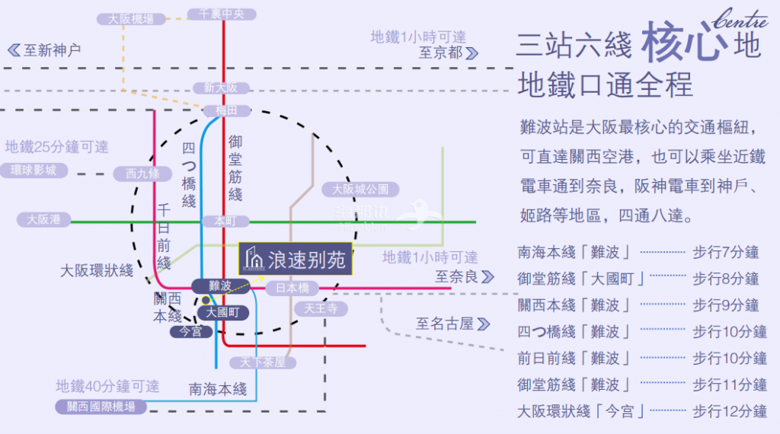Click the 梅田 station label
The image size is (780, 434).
[225, 111]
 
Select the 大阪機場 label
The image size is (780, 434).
[131, 19]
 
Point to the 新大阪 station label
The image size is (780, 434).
[221, 88]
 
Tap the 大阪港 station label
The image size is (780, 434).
[43, 220]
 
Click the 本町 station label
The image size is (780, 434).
[225, 221]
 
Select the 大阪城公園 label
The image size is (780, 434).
[360, 189]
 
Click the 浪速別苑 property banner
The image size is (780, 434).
[296, 260]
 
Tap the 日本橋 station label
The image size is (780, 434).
[292, 289]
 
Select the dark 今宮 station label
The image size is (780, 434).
[190, 331]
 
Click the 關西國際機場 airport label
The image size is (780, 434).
[101, 407]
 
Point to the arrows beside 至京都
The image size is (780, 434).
[473, 53]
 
